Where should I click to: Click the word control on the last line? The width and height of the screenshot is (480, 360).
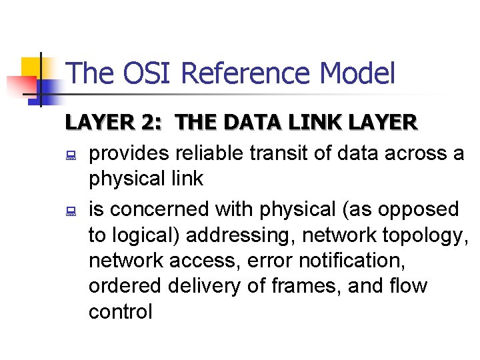(x=120, y=311)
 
